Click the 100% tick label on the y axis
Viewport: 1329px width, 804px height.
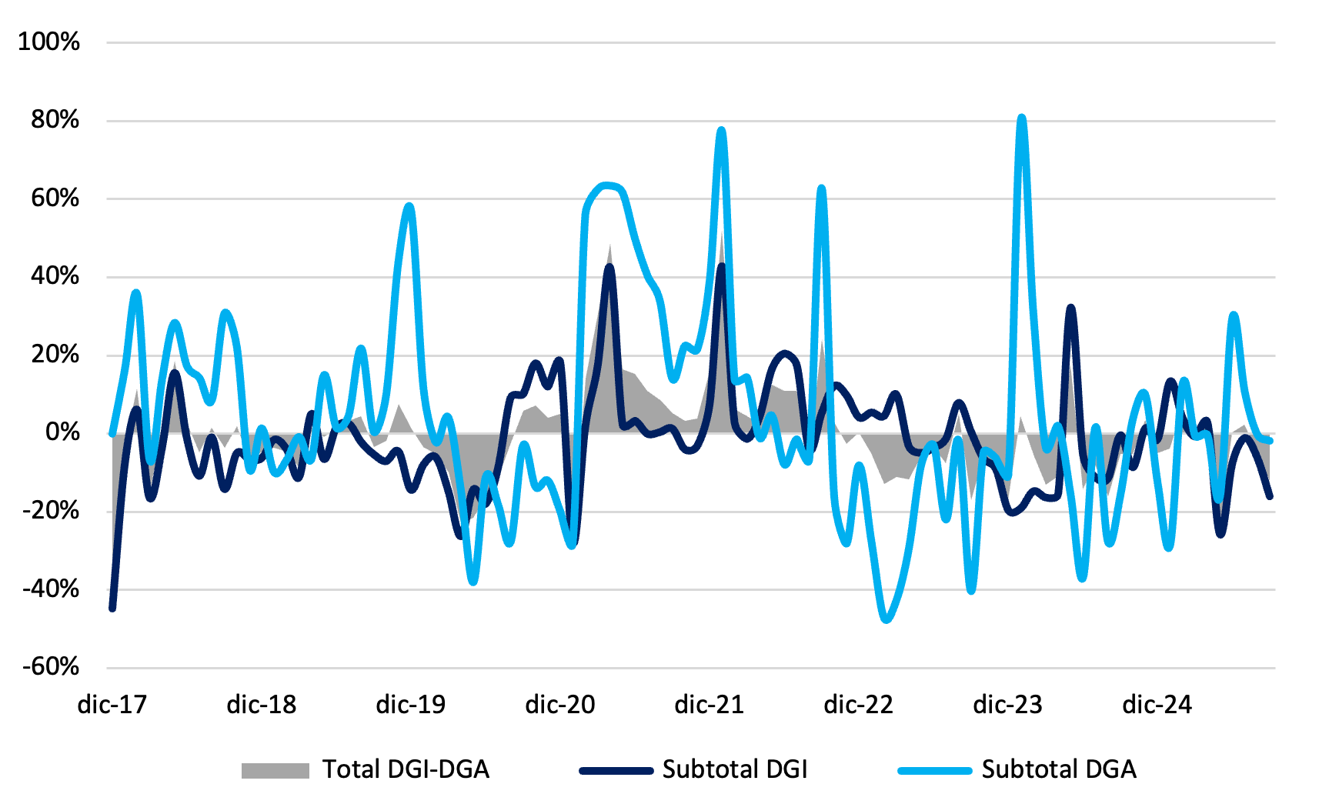pyautogui.click(x=48, y=42)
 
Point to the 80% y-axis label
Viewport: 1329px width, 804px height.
pyautogui.click(x=55, y=120)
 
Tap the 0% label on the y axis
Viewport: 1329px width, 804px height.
pyautogui.click(x=62, y=432)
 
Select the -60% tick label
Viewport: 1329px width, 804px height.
pyautogui.click(x=51, y=666)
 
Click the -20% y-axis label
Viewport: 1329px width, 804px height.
pyautogui.click(x=51, y=510)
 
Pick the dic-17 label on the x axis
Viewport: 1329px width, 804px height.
pyautogui.click(x=112, y=705)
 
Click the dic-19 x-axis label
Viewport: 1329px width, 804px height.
pyautogui.click(x=410, y=705)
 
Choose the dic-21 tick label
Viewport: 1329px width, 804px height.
pyautogui.click(x=709, y=705)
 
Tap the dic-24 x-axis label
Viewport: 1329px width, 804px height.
pyautogui.click(x=1157, y=705)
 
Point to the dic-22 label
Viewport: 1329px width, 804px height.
pyautogui.click(x=858, y=705)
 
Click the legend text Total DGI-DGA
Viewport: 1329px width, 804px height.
pyautogui.click(x=406, y=769)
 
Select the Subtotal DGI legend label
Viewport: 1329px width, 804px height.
pyautogui.click(x=735, y=769)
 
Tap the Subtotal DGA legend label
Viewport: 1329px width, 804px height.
pyautogui.click(x=1059, y=769)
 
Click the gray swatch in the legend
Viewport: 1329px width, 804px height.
pyautogui.click(x=275, y=770)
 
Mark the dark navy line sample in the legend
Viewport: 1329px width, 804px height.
pyautogui.click(x=616, y=770)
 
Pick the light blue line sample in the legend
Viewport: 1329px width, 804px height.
pyautogui.click(x=935, y=770)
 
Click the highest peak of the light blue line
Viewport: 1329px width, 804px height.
pyautogui.click(x=1021, y=118)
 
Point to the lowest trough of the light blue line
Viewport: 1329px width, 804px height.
pyautogui.click(x=887, y=619)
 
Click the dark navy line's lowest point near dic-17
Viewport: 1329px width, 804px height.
pyautogui.click(x=112, y=609)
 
